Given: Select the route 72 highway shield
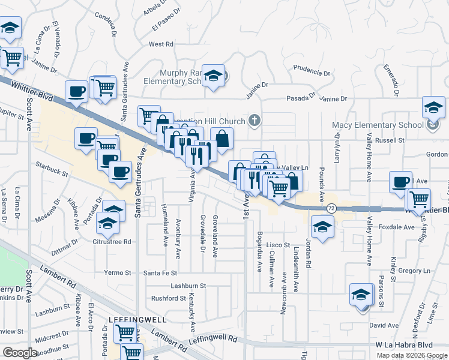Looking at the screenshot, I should coord(331,208).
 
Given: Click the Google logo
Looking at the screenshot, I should coord(20,353).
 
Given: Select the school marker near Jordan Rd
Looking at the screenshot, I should coord(322,227).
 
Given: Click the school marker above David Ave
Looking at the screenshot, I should coord(361,295).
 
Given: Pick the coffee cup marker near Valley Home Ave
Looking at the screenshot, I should coord(400,182).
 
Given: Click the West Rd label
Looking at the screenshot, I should coord(161,44).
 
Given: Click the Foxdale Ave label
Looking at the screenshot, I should coord(397,227).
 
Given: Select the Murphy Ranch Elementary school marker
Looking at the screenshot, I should coord(213,76).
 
